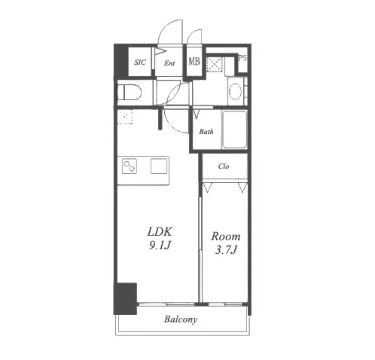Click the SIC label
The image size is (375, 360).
(140, 62)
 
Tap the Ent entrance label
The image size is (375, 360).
(169, 63)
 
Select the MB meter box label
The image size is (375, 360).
(194, 61)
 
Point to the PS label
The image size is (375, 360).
(242, 58)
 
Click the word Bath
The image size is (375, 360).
(206, 132)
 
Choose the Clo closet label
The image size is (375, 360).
(224, 166)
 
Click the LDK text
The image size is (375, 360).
(160, 232)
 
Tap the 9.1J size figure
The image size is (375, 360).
(160, 246)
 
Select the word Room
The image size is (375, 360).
(226, 236)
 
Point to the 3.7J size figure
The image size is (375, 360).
(226, 250)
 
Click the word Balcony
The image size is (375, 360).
(181, 319)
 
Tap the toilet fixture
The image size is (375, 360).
(130, 92)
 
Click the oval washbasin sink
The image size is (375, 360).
(236, 91)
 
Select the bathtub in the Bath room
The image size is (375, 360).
(235, 130)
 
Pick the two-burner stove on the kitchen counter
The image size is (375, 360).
(130, 166)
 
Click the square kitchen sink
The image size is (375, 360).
(159, 166)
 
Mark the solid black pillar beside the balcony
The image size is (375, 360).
(125, 299)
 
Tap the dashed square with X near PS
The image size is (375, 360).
(215, 64)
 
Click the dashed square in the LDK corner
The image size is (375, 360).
(125, 117)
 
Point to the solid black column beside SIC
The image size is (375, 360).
(120, 61)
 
